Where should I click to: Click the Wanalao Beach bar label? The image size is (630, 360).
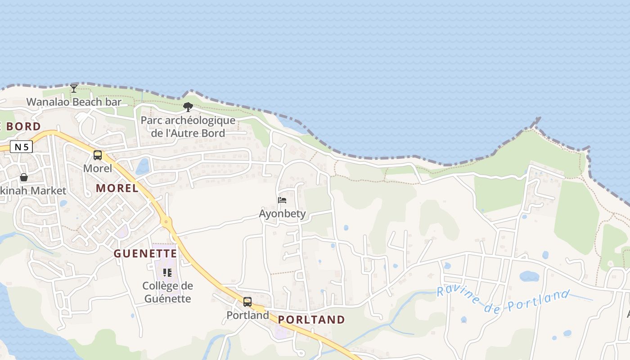74,102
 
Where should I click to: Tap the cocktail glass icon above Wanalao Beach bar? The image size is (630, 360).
74,88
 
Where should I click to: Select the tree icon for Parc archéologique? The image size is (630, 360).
188,107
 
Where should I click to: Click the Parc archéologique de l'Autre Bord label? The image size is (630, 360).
188,127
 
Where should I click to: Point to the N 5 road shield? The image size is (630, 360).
21,147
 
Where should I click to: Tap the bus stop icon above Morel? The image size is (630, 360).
98,155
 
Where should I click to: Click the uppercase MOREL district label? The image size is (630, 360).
117,188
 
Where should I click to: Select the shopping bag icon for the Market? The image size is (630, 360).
24,177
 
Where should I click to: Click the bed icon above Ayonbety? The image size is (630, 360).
282,200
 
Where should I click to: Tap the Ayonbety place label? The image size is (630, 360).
282,213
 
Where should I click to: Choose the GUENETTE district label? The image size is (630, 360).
145,253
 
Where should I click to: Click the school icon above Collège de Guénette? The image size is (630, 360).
167,272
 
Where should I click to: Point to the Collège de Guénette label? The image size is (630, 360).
167,292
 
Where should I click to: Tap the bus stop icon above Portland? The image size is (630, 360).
247,301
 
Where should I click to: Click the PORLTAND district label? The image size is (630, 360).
311,319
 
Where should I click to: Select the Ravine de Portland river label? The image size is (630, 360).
503,301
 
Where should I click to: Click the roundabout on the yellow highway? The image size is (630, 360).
166,221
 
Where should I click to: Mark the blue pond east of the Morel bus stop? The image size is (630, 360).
143,166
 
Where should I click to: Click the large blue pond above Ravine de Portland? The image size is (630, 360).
529,276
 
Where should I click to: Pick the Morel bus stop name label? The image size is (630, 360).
98,168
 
